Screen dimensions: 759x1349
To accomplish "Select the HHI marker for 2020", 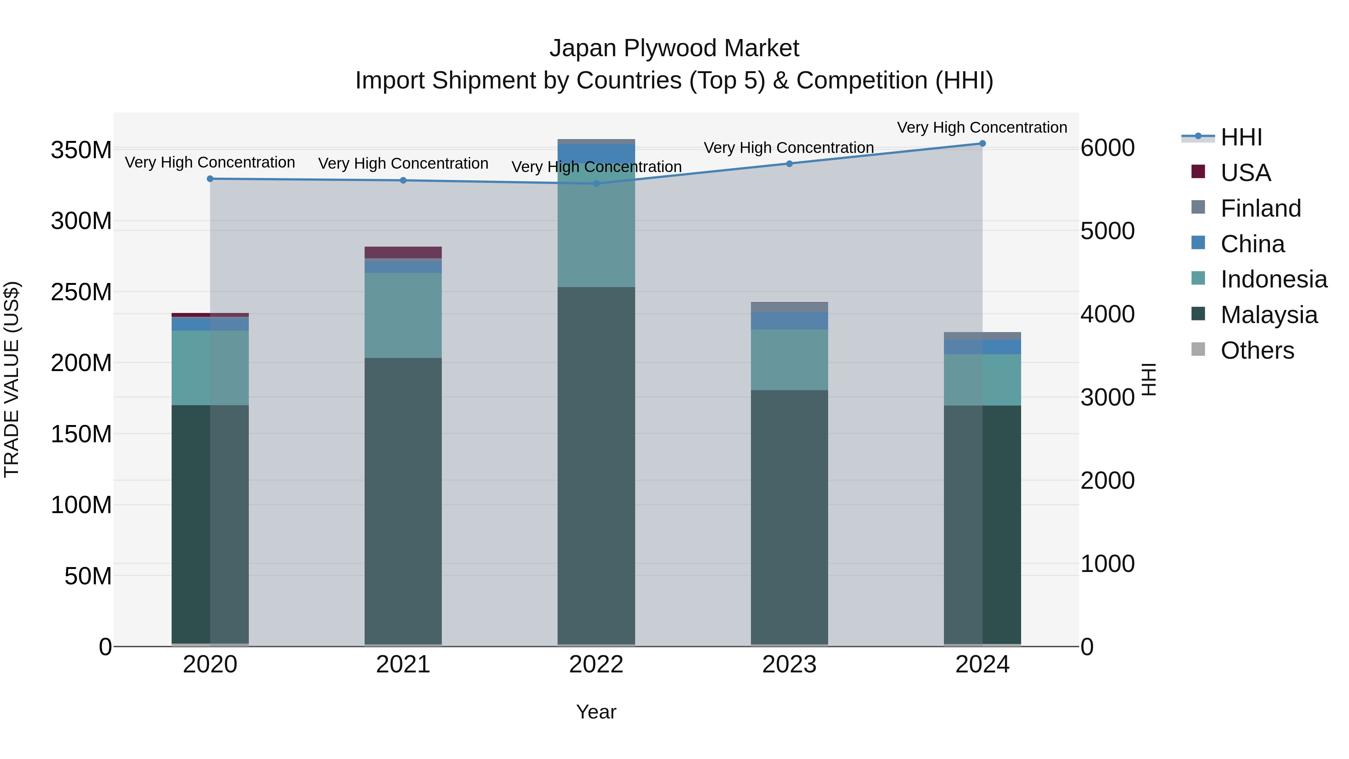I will pos(210,179).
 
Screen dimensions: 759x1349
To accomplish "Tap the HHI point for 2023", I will pos(789,163).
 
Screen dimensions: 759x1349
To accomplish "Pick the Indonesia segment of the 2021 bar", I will pos(403,315).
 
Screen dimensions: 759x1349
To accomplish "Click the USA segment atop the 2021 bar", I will pos(403,253).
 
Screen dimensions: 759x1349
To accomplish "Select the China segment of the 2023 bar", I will pos(789,320).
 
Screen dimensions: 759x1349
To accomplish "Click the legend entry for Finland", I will pos(1260,208).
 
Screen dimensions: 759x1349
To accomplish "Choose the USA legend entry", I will pos(1245,173).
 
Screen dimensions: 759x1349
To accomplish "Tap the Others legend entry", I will pos(1256,350).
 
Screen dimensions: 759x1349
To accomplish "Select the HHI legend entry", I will pos(1241,137).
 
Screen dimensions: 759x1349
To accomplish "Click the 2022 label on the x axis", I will pos(596,665).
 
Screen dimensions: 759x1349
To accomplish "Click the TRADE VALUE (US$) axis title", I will pos(12,379).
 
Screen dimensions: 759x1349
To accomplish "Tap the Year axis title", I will pos(596,712).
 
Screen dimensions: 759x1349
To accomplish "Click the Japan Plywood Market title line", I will pos(674,48).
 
